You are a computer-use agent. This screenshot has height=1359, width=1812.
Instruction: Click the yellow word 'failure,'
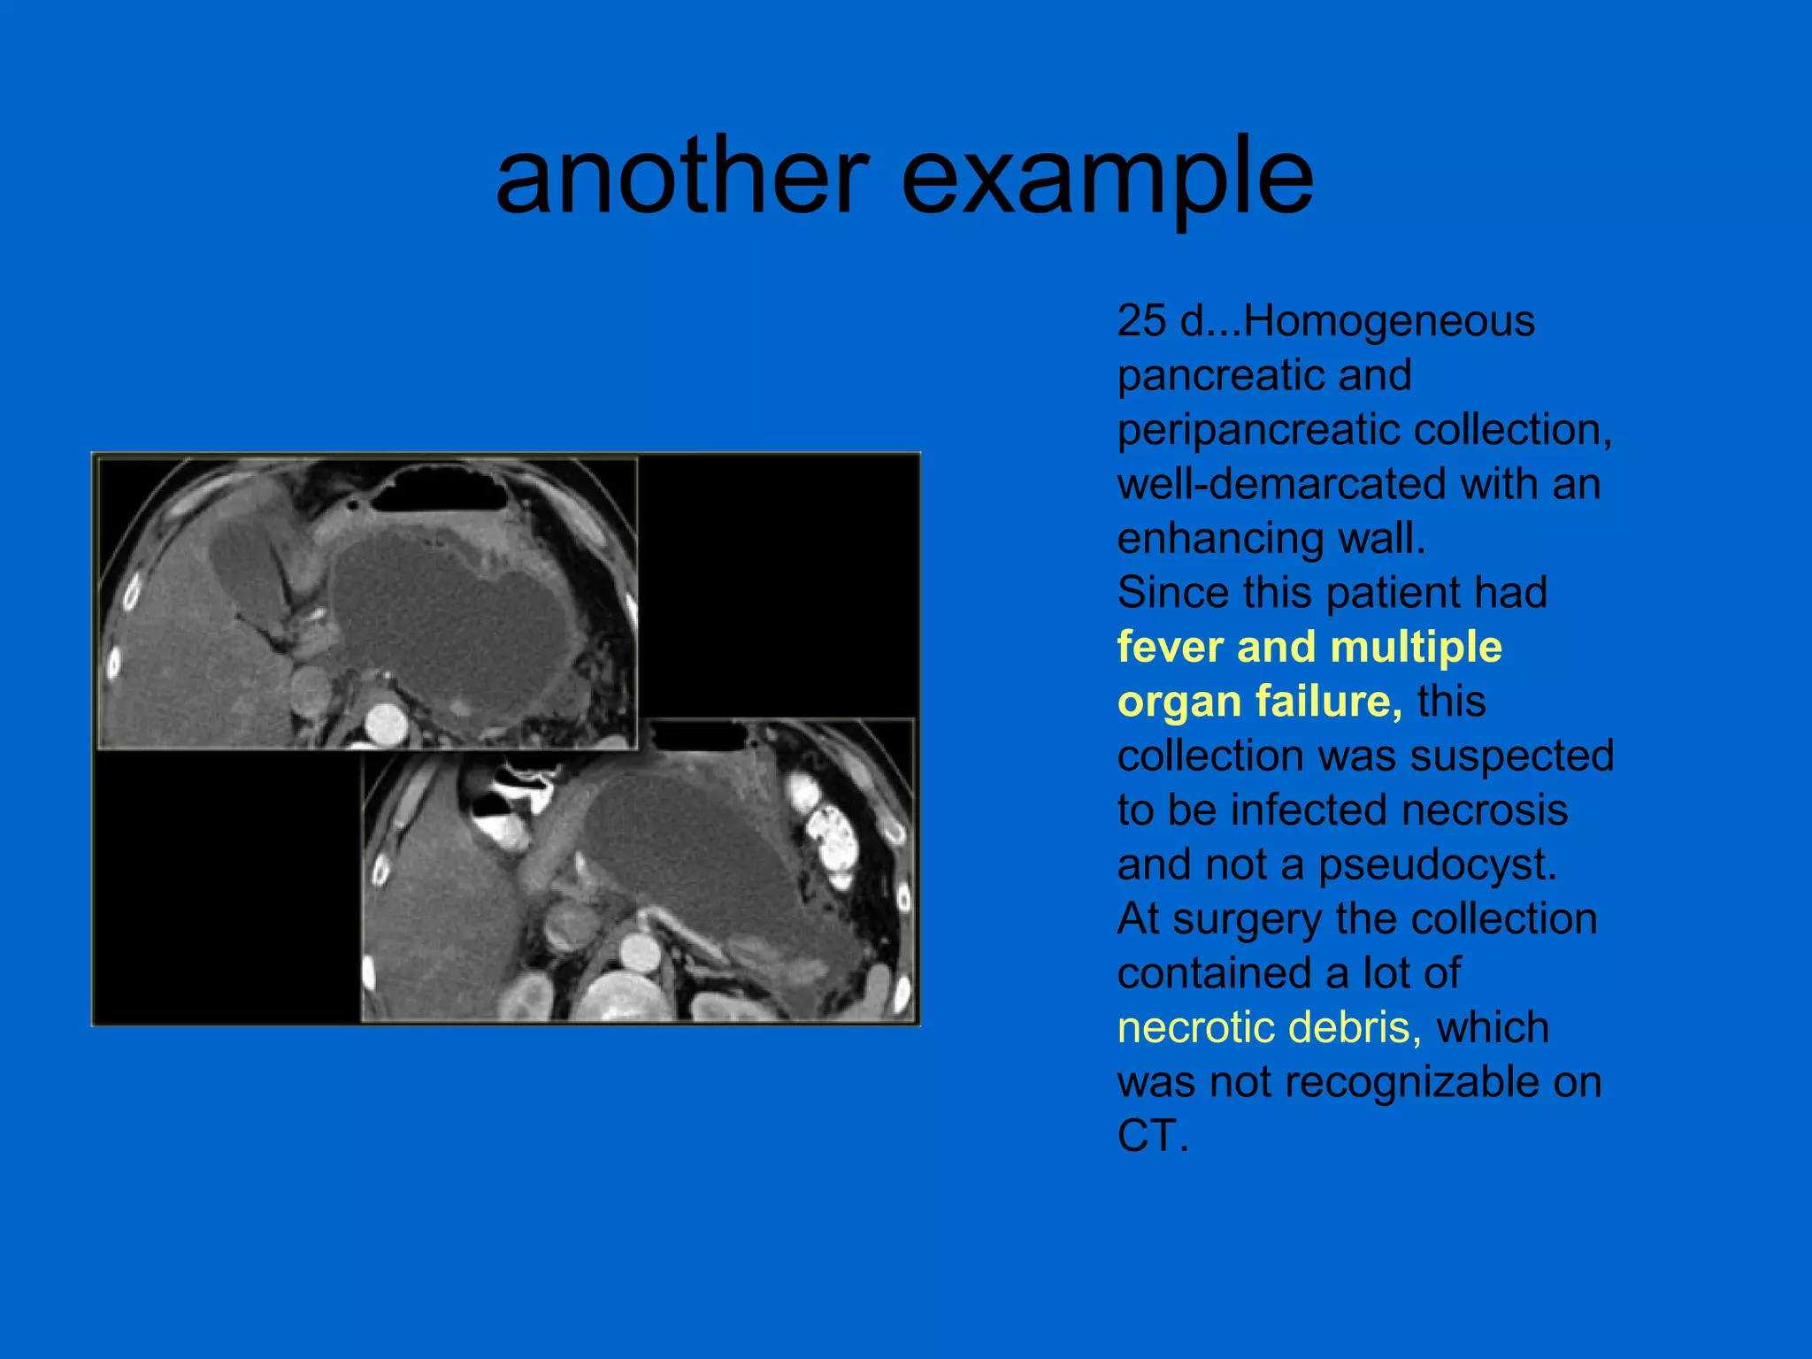(x=1328, y=702)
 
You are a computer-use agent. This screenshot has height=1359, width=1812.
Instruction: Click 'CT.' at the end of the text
(x=1152, y=1137)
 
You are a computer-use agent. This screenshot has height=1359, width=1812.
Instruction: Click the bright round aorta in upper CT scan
(x=386, y=722)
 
